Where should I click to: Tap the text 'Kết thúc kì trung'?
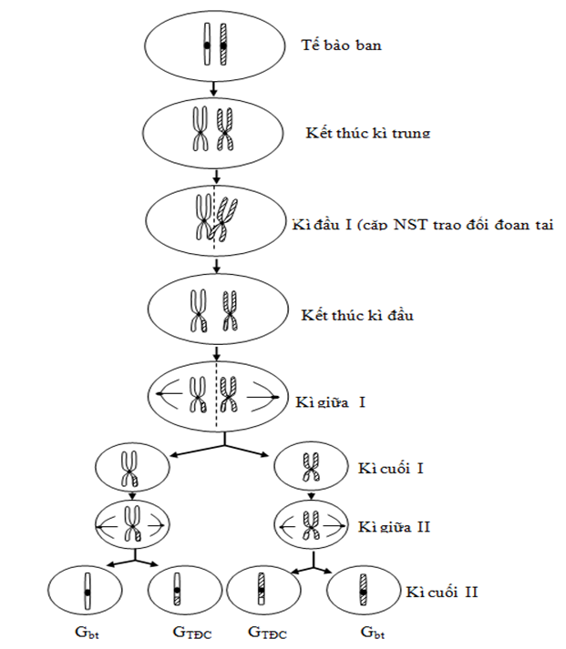click(367, 133)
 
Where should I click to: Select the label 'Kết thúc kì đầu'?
click(357, 315)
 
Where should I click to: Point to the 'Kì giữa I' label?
click(331, 401)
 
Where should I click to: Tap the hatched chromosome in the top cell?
click(222, 45)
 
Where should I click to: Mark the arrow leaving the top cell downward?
click(213, 87)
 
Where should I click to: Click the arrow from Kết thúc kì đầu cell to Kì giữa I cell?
click(215, 354)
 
